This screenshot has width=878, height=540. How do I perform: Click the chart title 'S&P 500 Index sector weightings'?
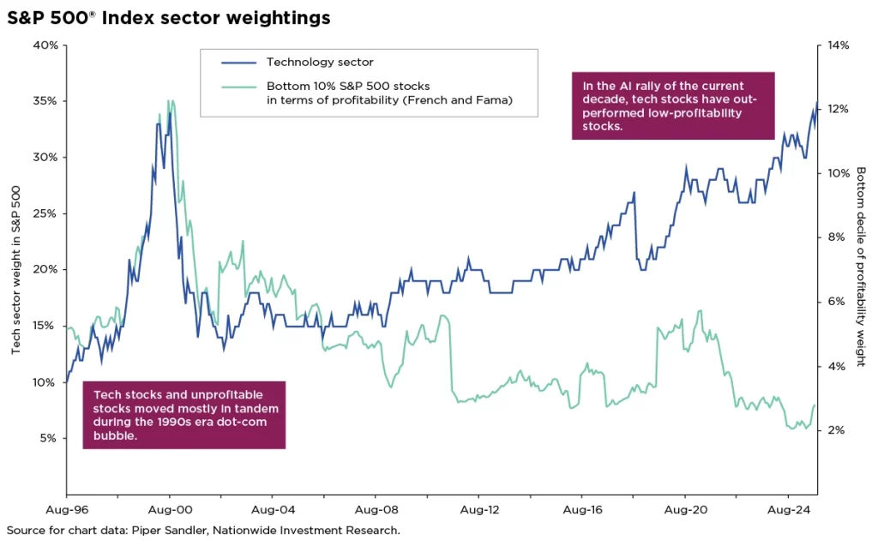tap(169, 17)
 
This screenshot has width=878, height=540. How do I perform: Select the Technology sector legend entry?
tap(319, 62)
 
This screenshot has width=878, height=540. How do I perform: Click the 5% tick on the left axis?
tap(48, 438)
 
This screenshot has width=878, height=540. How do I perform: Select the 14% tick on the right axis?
tap(837, 45)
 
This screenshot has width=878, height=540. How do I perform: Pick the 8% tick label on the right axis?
tap(837, 237)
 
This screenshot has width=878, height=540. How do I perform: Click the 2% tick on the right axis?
tap(837, 430)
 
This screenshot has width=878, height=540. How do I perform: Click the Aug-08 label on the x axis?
tap(375, 507)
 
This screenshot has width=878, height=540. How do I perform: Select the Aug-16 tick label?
tap(580, 507)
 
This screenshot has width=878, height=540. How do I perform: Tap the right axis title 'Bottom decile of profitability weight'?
tap(861, 266)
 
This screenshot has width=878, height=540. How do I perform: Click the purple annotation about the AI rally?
tap(672, 105)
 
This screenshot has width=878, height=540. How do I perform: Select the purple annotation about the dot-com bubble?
tap(183, 415)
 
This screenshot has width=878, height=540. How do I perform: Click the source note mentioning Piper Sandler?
tap(203, 530)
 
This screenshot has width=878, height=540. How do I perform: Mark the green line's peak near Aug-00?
tap(170, 101)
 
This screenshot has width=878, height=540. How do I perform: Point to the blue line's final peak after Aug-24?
tap(816, 102)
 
